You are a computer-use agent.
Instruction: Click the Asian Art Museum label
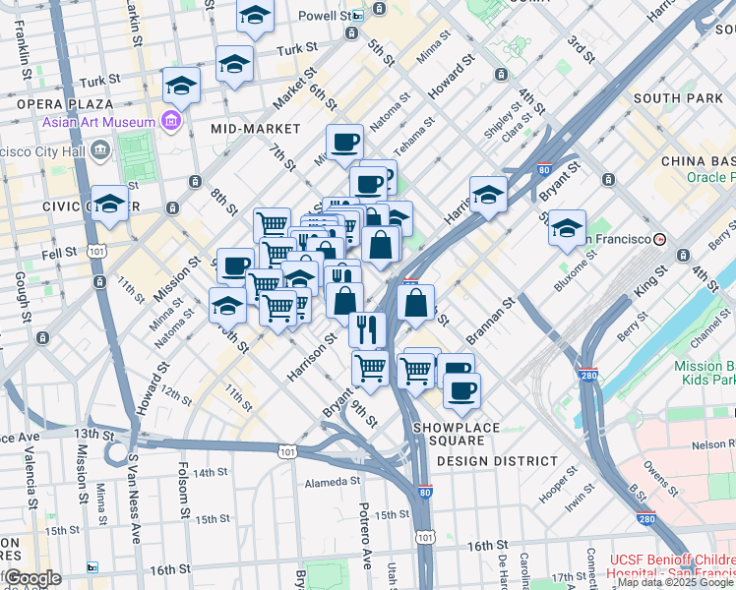pyautogui.click(x=98, y=123)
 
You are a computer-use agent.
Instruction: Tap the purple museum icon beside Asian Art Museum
pyautogui.click(x=172, y=122)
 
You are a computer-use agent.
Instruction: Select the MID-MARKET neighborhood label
pyautogui.click(x=255, y=129)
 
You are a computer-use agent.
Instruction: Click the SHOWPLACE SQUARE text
pyautogui.click(x=457, y=428)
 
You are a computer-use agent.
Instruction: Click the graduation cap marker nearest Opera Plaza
pyautogui.click(x=182, y=87)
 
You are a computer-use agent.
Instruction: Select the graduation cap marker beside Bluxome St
pyautogui.click(x=567, y=228)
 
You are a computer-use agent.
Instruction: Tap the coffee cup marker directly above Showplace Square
pyautogui.click(x=460, y=391)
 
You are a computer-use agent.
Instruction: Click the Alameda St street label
pyautogui.click(x=333, y=482)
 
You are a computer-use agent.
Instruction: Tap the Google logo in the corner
pyautogui.click(x=31, y=578)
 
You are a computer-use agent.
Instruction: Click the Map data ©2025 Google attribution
pyautogui.click(x=676, y=582)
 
